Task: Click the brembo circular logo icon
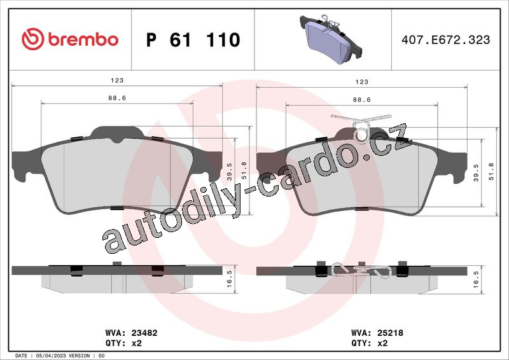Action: (33, 39)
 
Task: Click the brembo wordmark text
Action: (83, 39)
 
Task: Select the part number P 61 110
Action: (193, 39)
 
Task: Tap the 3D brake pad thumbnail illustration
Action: (330, 38)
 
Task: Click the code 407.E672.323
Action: (446, 39)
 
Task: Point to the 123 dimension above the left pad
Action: (117, 80)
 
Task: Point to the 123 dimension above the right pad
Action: (362, 82)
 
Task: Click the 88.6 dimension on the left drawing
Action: (117, 98)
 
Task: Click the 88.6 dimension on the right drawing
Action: (362, 100)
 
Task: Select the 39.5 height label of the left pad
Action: (230, 172)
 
